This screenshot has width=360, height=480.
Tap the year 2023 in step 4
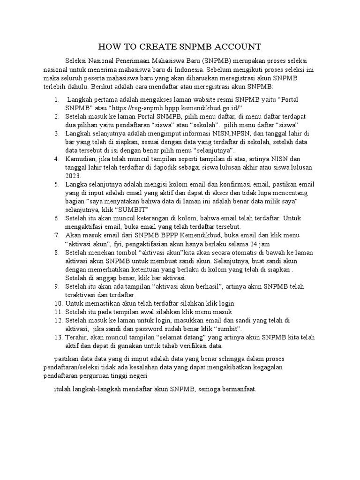coord(73,176)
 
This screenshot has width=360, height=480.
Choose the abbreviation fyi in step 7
coord(113,243)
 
